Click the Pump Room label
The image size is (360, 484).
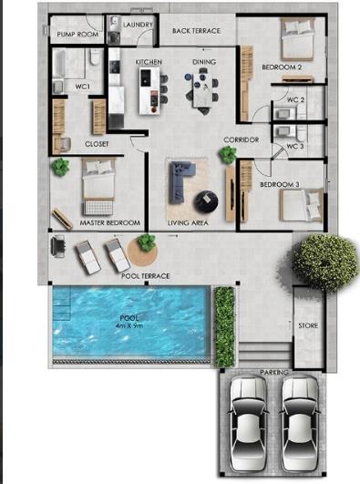(x=77, y=35)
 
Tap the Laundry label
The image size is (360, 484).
(x=137, y=26)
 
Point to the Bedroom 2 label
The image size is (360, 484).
(x=282, y=67)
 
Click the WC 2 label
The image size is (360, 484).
(x=295, y=98)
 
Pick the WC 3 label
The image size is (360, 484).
(x=295, y=146)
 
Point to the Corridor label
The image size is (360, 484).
(x=242, y=139)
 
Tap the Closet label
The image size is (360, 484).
(x=97, y=144)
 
